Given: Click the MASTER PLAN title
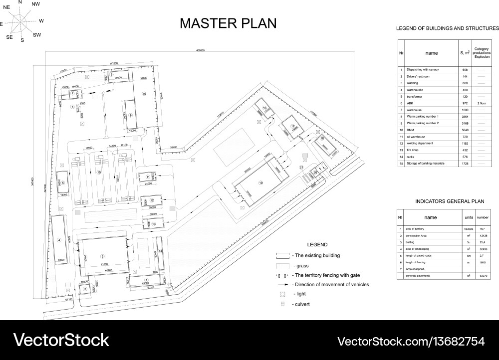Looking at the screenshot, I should click(x=228, y=23).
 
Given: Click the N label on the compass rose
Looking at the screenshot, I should click(x=20, y=2).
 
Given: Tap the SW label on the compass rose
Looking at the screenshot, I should click(x=37, y=35).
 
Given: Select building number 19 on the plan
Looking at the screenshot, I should click(x=260, y=183).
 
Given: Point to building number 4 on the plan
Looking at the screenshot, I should click(x=59, y=240).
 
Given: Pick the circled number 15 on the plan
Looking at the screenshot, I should click(x=99, y=172).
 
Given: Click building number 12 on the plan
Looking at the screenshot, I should click(x=152, y=200).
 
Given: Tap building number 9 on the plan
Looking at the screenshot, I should click(x=130, y=115).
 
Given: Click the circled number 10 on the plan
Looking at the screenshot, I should click(x=144, y=94).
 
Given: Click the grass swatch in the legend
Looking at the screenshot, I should click(x=283, y=266).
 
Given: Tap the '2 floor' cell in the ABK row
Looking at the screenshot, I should click(x=482, y=103).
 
